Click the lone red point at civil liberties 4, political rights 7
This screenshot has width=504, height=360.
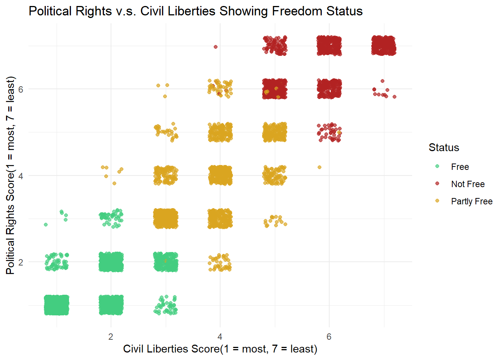pos(216,47)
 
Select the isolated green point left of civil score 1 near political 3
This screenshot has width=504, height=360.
pos(46,225)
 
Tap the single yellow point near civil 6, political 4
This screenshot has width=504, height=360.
pos(319,167)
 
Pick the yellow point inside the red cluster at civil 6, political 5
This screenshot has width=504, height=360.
pos(339,132)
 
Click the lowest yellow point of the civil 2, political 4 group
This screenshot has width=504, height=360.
pos(114,183)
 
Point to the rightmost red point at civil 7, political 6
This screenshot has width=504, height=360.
pos(394,97)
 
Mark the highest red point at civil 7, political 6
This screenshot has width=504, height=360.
pos(382,81)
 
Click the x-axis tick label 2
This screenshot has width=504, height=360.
pos(111,337)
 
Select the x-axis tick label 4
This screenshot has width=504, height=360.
pos(220,337)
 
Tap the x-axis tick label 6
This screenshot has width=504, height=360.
pos(329,337)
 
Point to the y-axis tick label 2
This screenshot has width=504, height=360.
pos(21,262)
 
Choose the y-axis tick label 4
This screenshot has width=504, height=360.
pos(21,176)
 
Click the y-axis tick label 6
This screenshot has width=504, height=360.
pos(21,89)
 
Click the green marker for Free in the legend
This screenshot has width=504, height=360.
pos(437,166)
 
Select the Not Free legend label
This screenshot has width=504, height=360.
pos(468,184)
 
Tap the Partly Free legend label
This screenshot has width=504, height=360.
pos(472,201)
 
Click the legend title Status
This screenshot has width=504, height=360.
pos(444,147)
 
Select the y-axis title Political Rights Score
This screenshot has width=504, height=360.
pos(10,175)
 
